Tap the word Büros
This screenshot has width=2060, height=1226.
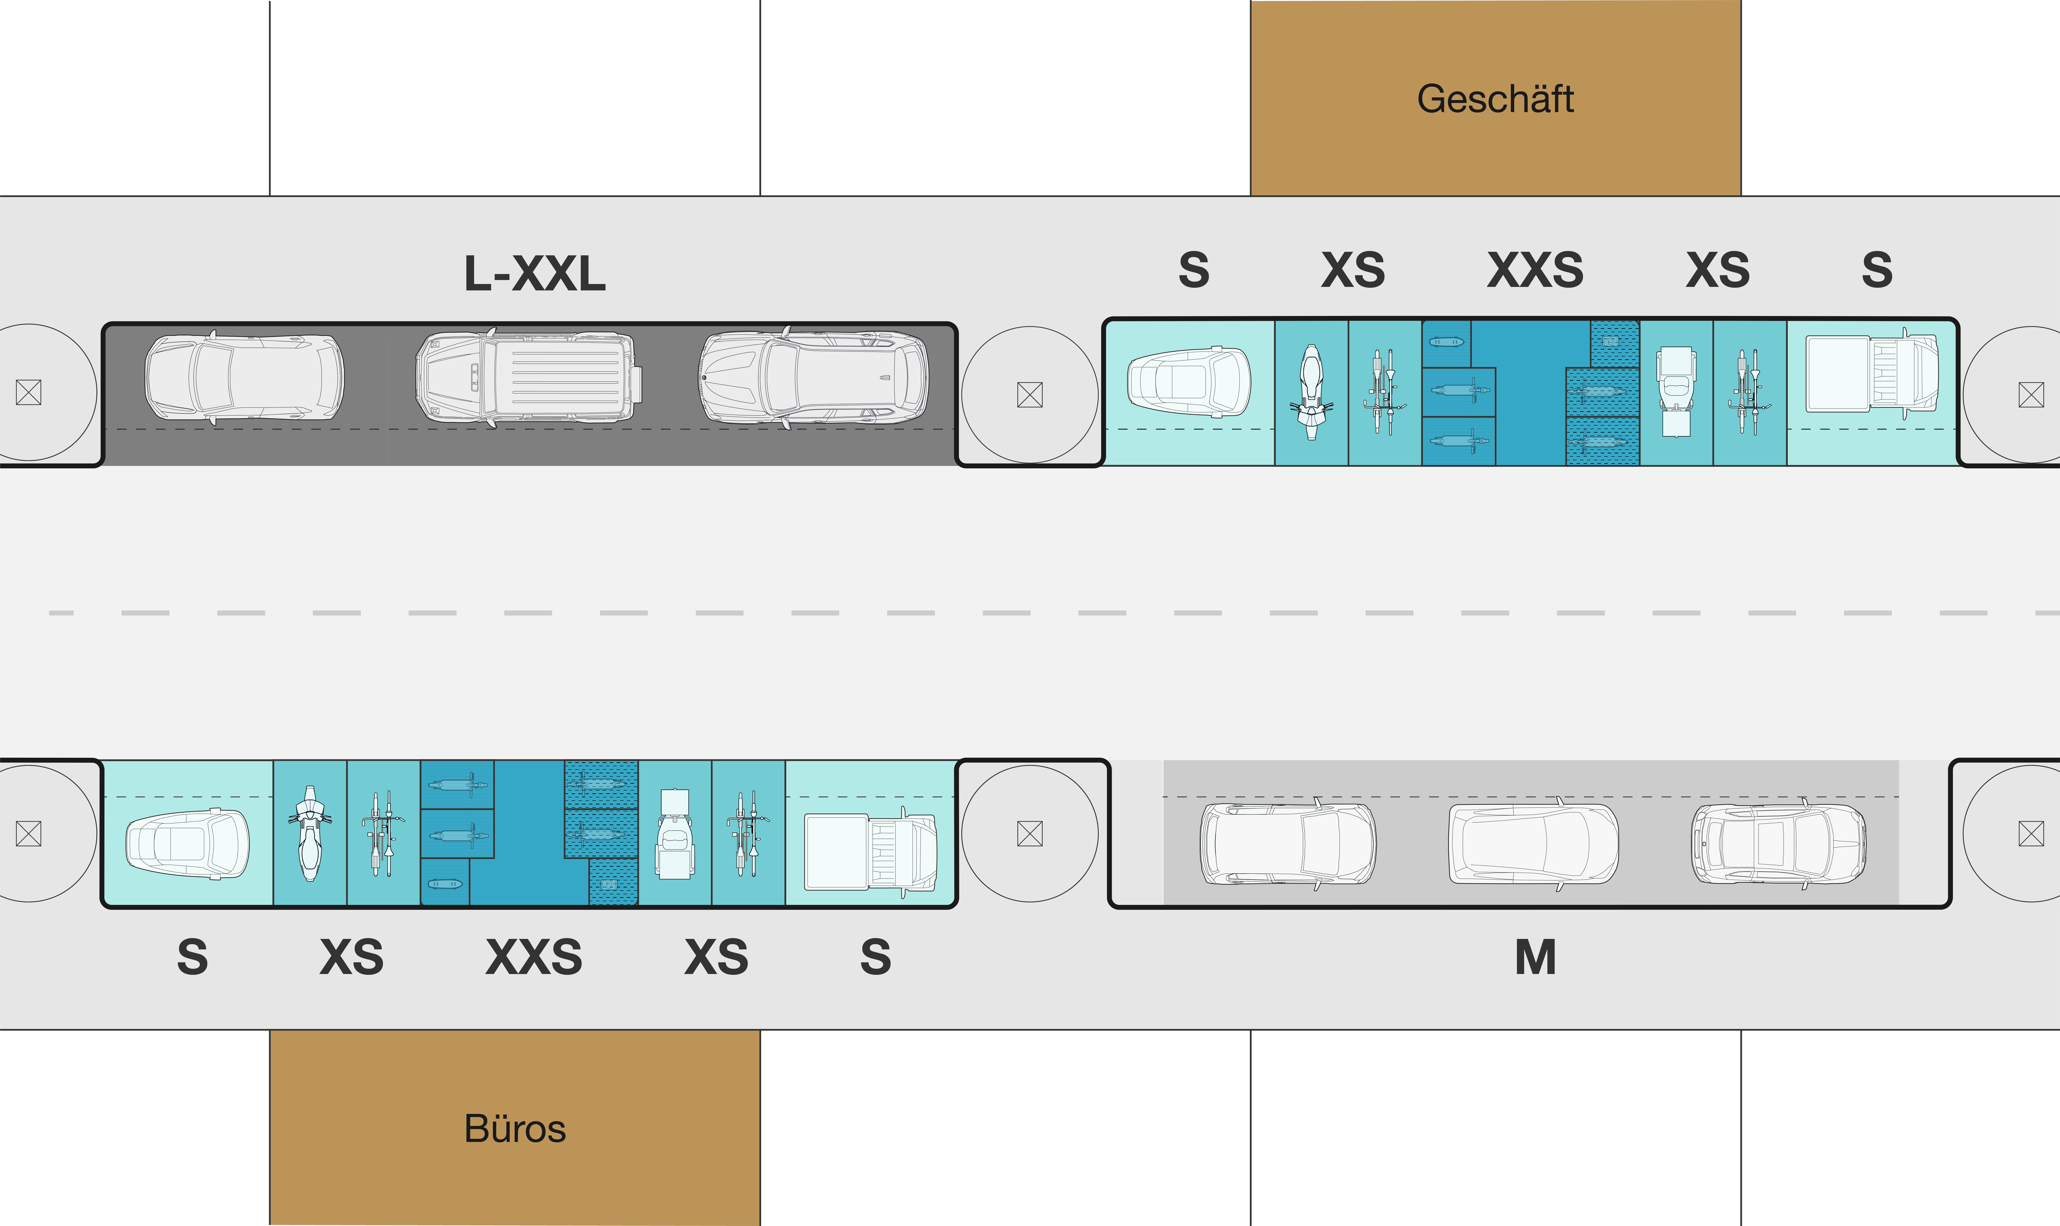515,1128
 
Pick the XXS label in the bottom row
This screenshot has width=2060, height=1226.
534,958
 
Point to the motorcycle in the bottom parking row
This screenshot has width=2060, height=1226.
310,833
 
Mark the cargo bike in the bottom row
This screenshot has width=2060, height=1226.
674,834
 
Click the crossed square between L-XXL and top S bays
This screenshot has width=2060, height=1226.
1030,395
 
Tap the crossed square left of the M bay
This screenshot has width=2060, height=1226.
1030,834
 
